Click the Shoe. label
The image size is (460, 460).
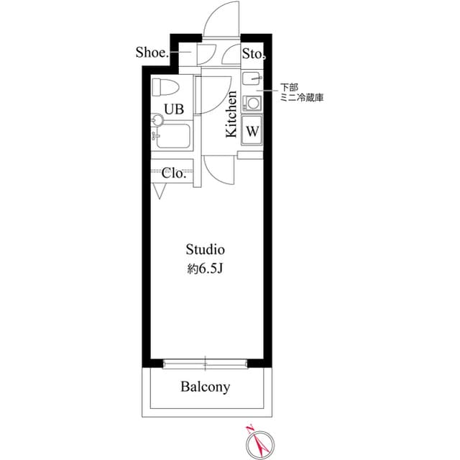coord(152,53)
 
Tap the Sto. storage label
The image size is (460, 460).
coord(254,53)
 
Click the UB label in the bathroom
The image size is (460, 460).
coord(174,109)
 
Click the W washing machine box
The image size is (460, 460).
coord(252,131)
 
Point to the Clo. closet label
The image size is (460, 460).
coord(175,173)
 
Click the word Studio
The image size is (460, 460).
coord(206,250)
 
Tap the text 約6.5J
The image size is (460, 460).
coord(206,269)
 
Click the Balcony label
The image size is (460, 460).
coord(206,387)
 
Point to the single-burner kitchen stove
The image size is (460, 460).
coord(252,102)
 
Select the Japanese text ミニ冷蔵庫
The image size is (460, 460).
coord(303,97)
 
